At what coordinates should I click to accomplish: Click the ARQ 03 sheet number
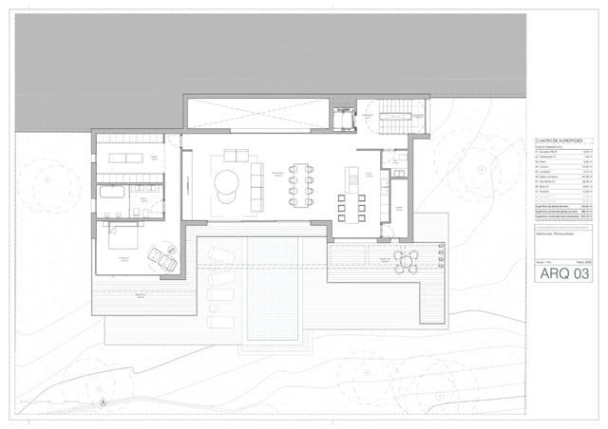[x=564, y=273]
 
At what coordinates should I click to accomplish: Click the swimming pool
[x=272, y=289]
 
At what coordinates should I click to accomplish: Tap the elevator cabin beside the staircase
[x=342, y=120]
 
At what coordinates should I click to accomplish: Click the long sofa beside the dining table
[x=256, y=187]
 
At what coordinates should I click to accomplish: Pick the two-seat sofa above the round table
[x=236, y=156]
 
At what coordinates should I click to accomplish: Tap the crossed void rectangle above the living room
[x=257, y=114]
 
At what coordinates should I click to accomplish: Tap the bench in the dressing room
[x=125, y=158]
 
